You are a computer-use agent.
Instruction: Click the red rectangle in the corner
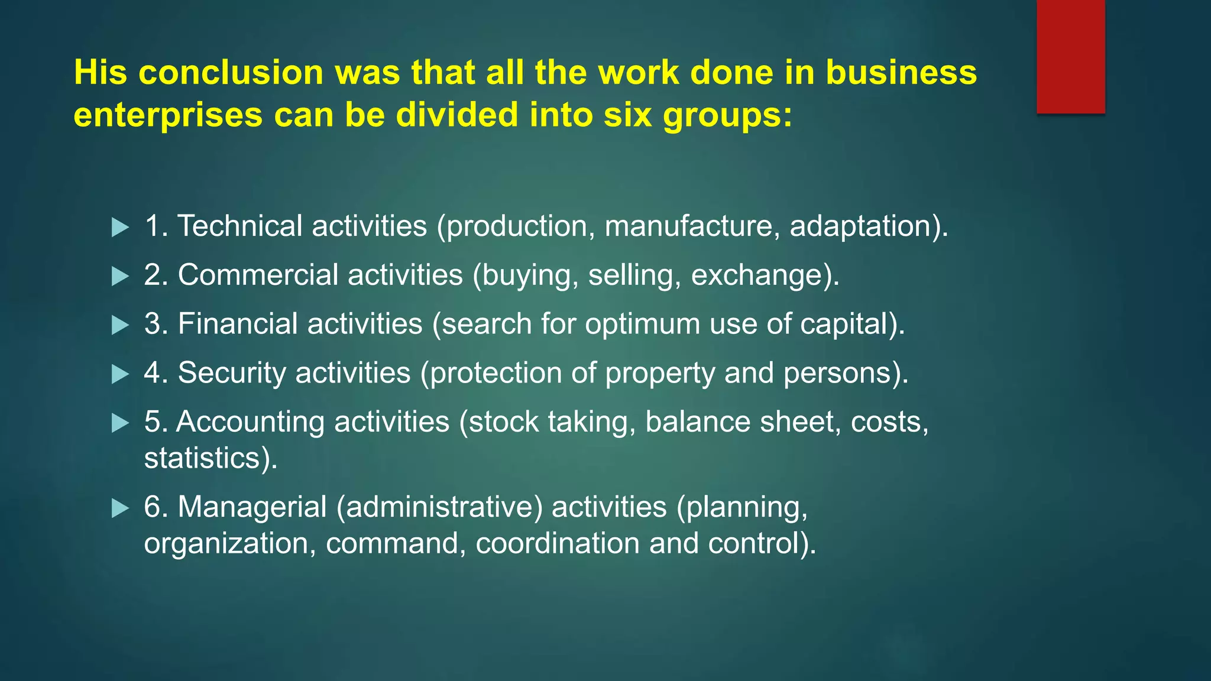[x=1070, y=57]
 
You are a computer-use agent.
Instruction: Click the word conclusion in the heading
[x=231, y=72]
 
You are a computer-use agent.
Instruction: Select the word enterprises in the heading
[x=168, y=115]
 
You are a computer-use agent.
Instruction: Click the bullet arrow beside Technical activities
[x=120, y=227]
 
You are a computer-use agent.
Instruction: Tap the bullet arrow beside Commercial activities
[x=120, y=276]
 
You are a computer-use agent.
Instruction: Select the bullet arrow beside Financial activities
[x=120, y=325]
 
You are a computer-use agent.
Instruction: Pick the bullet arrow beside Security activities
[x=120, y=374]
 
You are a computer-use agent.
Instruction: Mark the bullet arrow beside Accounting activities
[x=120, y=423]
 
